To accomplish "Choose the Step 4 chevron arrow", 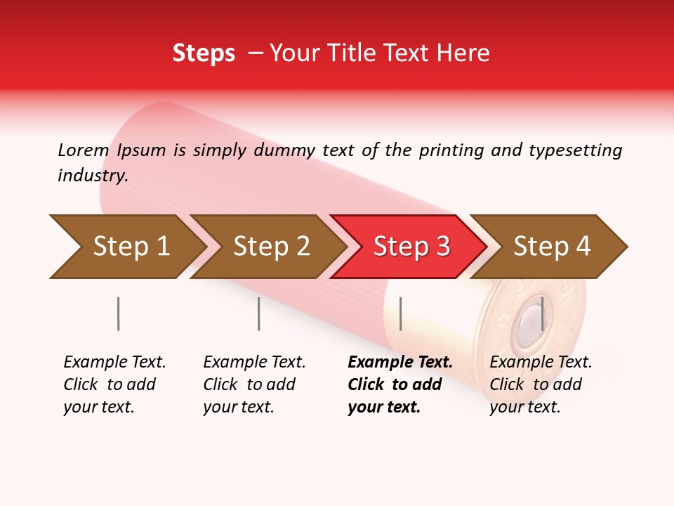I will [x=551, y=247].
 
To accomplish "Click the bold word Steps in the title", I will [x=204, y=53].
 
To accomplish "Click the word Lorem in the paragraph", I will [x=83, y=150].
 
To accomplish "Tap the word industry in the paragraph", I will [x=93, y=176].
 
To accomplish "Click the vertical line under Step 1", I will [x=119, y=313].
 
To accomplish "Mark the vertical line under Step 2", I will [x=259, y=313].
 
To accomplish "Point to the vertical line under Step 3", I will [x=400, y=313].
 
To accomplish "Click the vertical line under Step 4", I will [x=542, y=313].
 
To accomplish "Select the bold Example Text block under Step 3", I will [x=400, y=384].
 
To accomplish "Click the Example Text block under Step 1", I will [x=114, y=384].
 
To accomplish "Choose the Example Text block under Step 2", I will [x=254, y=384].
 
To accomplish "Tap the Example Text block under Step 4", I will [x=541, y=384].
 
